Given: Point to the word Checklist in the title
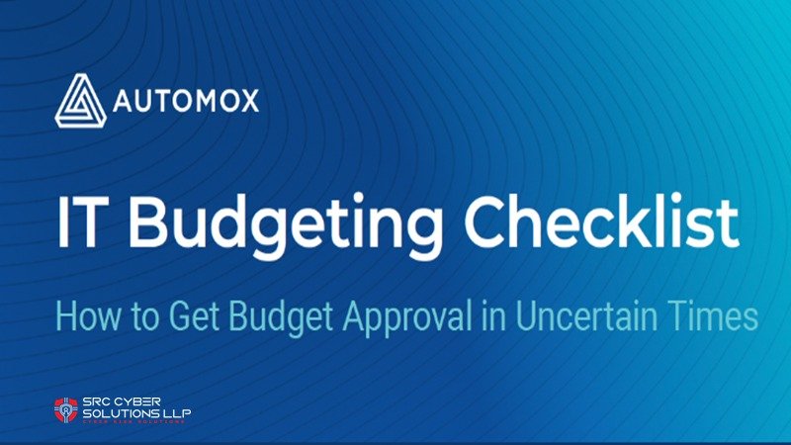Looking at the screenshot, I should (604, 223).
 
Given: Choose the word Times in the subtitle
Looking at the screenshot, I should (707, 316).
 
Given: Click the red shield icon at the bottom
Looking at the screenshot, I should (66, 409).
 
